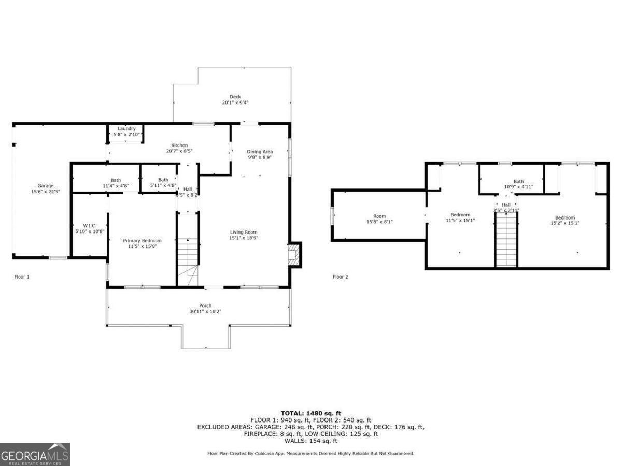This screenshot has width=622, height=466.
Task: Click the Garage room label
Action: tap(45, 186)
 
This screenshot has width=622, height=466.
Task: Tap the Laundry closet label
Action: tap(126, 128)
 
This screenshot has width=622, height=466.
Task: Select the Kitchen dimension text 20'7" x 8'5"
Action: tap(179, 151)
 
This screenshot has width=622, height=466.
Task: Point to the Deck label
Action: tap(235, 97)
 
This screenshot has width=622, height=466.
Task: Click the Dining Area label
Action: tap(260, 152)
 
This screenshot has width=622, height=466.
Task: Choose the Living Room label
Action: tap(244, 232)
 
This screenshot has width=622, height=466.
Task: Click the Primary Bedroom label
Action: tap(142, 240)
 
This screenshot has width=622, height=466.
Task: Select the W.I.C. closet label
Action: tap(90, 226)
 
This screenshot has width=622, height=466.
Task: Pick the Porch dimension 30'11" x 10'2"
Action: tap(205, 312)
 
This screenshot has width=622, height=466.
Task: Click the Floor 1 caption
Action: tap(22, 276)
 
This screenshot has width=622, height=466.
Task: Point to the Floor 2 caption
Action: tap(341, 276)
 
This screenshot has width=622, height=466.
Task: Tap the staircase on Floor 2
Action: tap(506, 239)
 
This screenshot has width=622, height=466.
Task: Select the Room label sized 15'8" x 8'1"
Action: tap(379, 216)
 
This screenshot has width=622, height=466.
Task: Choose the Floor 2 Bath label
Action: tap(518, 181)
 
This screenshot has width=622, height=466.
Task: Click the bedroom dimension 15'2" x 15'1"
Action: tap(565, 223)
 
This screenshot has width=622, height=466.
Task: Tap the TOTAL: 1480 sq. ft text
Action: tap(311, 413)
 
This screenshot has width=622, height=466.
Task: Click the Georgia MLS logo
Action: tap(35, 454)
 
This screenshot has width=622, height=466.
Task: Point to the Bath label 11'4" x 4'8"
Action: tap(116, 180)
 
